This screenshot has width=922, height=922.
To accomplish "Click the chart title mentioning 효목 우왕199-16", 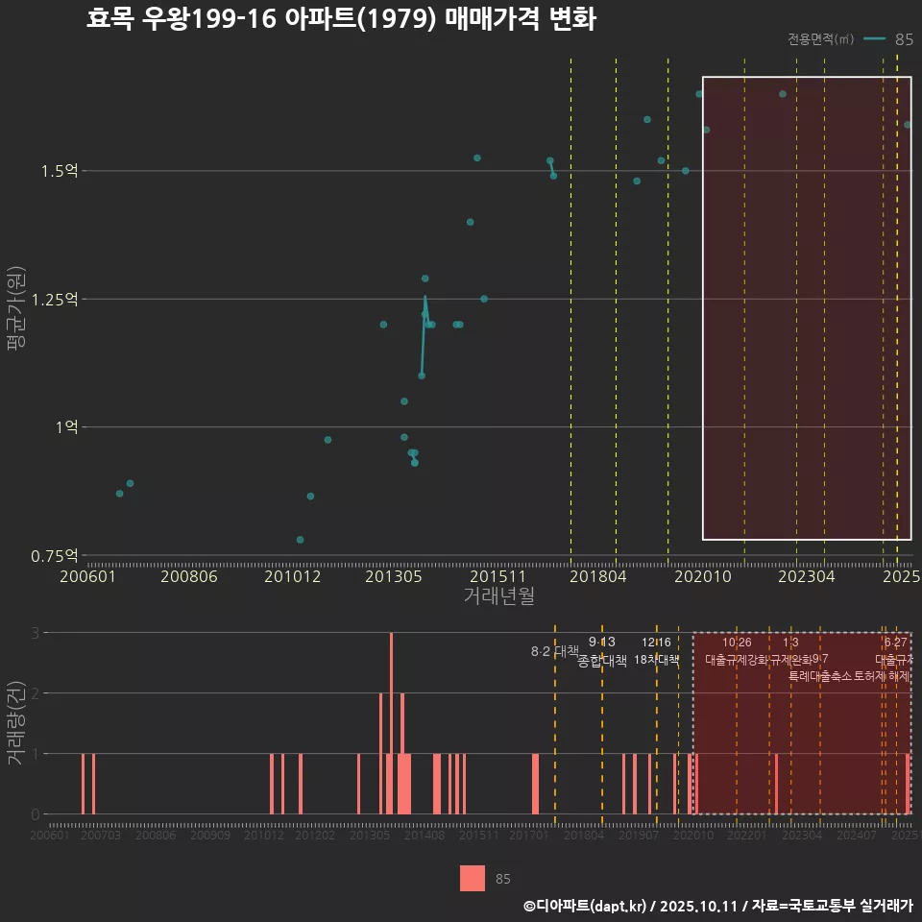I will tap(341, 19).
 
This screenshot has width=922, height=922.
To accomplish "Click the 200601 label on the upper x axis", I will tap(88, 576).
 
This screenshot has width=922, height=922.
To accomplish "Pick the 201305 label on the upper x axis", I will tap(395, 576).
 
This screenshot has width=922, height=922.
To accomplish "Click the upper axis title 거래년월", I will tap(498, 595).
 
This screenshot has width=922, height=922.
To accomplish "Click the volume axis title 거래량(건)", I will tap(16, 722).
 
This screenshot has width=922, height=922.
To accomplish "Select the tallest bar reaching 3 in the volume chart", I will tap(391, 722).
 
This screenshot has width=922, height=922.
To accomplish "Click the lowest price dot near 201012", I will tap(300, 540).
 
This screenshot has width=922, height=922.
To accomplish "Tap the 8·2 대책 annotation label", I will tap(554, 651).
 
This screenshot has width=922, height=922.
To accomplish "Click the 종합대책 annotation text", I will tap(602, 661).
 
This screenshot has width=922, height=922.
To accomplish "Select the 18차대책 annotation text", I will tap(657, 660).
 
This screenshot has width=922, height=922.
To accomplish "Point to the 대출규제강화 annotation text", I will tap(737, 660).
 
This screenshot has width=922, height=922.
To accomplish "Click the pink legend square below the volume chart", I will tap(473, 878).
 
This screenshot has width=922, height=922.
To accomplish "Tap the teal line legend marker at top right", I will tap(874, 39).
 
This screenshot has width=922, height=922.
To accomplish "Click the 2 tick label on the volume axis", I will tap(36, 692).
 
